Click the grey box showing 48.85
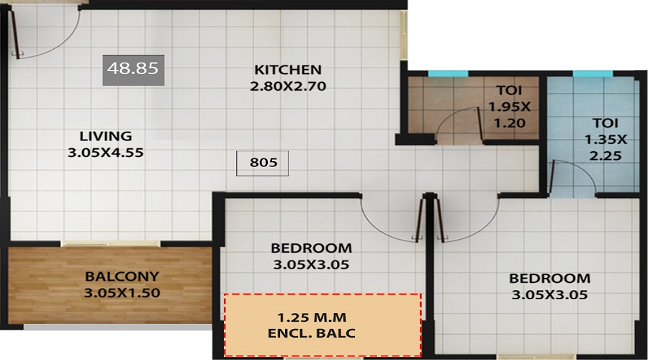coord(133,70)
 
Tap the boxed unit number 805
coord(262,163)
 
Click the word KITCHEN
coord(288,70)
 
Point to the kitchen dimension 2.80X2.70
coord(288,86)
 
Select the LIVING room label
coord(106,136)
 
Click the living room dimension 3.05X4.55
coord(106,153)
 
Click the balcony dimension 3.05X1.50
coord(122,293)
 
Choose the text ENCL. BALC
coord(312,333)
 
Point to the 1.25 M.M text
coord(312,318)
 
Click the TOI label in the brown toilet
coord(509,90)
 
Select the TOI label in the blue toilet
coord(606,122)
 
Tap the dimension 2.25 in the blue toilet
coord(606,156)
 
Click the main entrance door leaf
coord(15,33)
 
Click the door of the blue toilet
coord(552,178)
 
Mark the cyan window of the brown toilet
coord(448,73)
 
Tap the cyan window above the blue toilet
coord(593,73)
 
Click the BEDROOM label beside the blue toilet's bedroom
coord(549,278)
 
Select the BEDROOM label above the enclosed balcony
coord(312,248)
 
